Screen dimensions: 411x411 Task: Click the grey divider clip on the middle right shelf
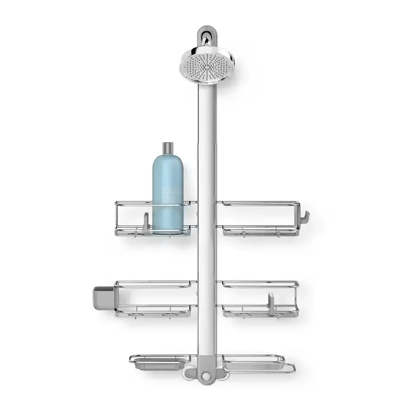point(271,303)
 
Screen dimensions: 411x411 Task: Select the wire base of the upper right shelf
point(261,232)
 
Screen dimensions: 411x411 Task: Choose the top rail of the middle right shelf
point(260,283)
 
